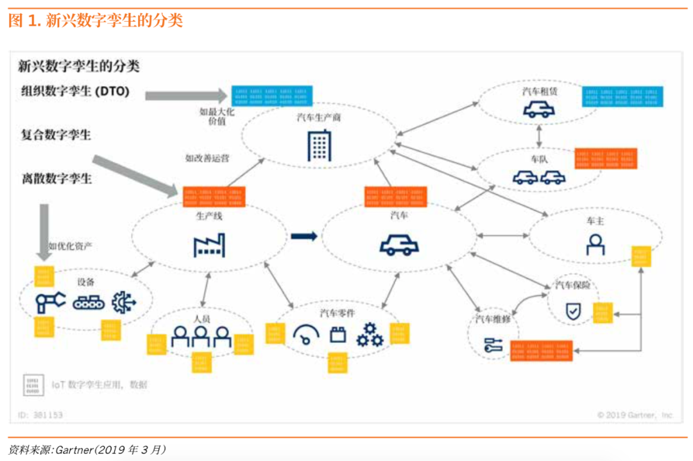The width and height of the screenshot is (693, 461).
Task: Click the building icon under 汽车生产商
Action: tap(319, 145)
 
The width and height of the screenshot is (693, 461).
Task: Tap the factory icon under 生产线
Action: tap(209, 245)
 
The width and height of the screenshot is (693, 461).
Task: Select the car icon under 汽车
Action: tap(399, 245)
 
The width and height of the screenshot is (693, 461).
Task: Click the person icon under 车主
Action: tap(595, 245)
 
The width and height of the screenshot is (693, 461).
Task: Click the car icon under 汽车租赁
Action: tap(538, 110)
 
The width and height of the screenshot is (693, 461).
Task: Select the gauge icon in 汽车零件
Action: tap(305, 335)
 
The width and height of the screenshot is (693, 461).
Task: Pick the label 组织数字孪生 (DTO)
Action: tap(75, 92)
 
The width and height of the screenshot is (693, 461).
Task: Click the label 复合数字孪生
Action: tap(56, 135)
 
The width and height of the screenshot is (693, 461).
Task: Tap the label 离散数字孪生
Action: tap(56, 178)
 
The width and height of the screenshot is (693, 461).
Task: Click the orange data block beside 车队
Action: tap(605, 159)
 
